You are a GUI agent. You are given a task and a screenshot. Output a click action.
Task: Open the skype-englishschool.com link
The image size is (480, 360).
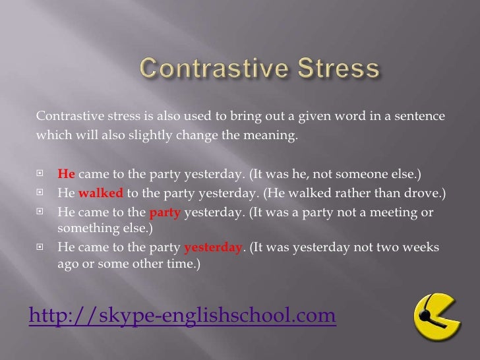(182, 316)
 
